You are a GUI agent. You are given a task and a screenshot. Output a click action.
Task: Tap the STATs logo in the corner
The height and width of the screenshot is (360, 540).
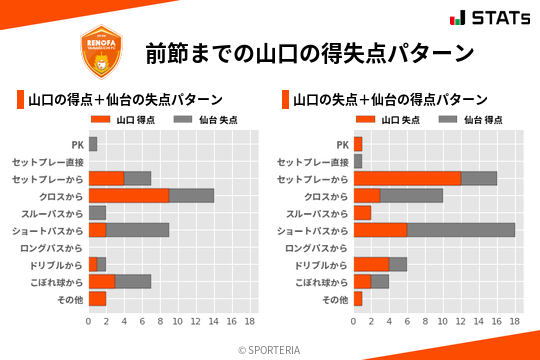click(x=489, y=17)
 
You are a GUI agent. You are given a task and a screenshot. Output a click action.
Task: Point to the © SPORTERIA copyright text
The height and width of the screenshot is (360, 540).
click(x=270, y=349)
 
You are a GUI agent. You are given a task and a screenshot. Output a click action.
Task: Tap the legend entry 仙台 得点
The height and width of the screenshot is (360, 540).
click(x=469, y=120)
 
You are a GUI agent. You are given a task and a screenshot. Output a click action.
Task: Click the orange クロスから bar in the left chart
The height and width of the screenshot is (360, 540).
click(x=129, y=195)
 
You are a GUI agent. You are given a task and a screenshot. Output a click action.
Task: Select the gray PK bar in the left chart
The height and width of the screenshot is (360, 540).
click(x=93, y=144)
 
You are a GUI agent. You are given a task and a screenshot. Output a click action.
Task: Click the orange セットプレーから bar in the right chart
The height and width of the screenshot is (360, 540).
click(x=407, y=178)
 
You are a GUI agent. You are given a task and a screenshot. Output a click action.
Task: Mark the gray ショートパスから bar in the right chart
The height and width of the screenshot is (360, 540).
click(x=461, y=230)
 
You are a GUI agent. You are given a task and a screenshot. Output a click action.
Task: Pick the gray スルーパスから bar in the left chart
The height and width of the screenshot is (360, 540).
click(x=97, y=213)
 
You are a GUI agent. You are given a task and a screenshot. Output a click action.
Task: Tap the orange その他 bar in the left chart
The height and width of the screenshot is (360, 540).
click(x=97, y=298)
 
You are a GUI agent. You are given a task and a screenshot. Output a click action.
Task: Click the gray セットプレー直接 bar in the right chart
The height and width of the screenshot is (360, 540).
click(x=358, y=161)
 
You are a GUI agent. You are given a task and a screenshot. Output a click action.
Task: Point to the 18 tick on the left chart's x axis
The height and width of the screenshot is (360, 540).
click(x=249, y=321)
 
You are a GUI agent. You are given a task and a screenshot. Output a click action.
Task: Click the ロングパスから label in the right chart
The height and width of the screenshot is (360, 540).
click(x=316, y=247)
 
